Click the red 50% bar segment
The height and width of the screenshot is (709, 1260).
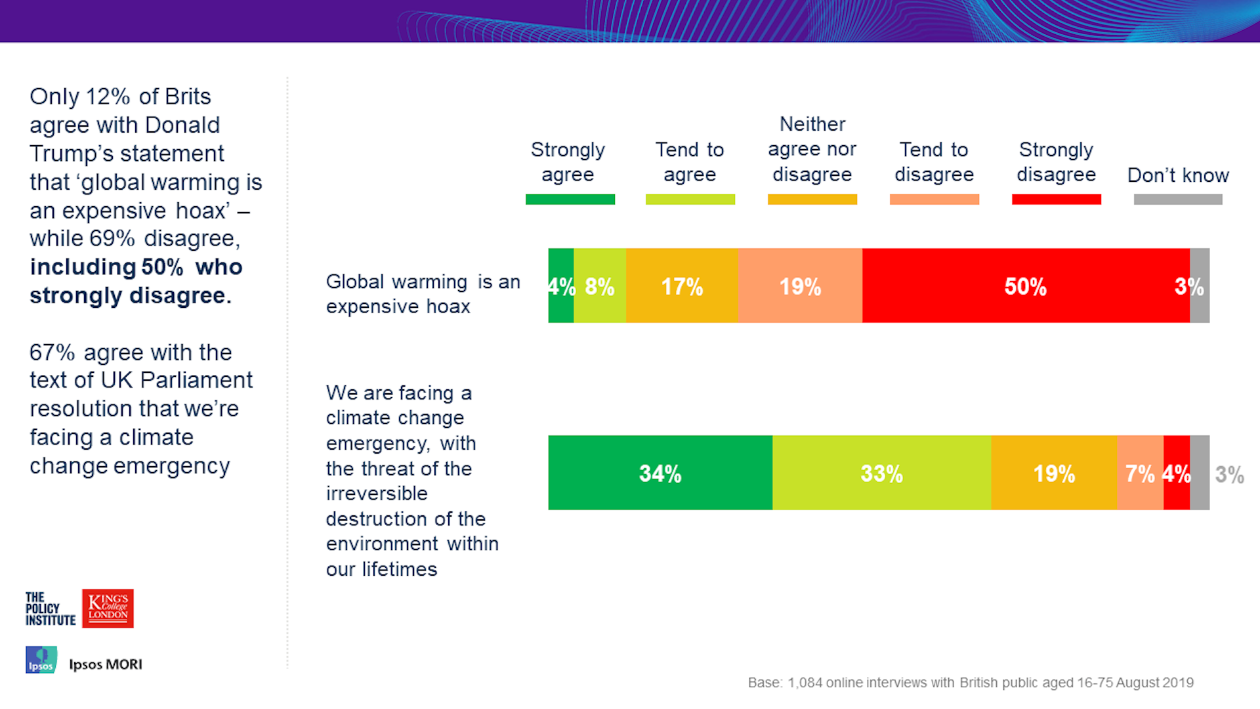[x=1026, y=286]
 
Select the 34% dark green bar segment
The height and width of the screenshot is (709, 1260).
[x=660, y=473]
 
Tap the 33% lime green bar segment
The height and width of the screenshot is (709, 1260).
[x=881, y=473]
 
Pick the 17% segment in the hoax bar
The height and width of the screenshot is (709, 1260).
[x=682, y=286]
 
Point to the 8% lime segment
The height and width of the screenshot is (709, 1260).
[x=600, y=286]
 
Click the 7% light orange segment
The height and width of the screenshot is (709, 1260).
[x=1141, y=473]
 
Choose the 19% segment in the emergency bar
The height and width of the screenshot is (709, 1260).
[x=1054, y=473]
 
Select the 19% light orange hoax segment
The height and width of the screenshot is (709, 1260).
[x=800, y=286]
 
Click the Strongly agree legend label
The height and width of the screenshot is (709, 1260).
[x=568, y=161]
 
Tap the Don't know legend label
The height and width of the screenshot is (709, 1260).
[x=1178, y=175]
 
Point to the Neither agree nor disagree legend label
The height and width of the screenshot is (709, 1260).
[x=812, y=149]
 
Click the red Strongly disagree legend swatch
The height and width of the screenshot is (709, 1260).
[x=1057, y=200]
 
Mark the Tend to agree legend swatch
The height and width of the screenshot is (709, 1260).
[x=690, y=200]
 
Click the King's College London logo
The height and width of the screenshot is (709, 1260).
[x=108, y=609]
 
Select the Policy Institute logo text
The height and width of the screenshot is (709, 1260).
[x=50, y=609]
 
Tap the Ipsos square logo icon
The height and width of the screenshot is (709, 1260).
[x=41, y=660]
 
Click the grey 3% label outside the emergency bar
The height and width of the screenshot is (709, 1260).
[x=1229, y=475]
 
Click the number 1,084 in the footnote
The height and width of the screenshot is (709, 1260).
[x=805, y=683]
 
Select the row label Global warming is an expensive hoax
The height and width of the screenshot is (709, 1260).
[x=423, y=293]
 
